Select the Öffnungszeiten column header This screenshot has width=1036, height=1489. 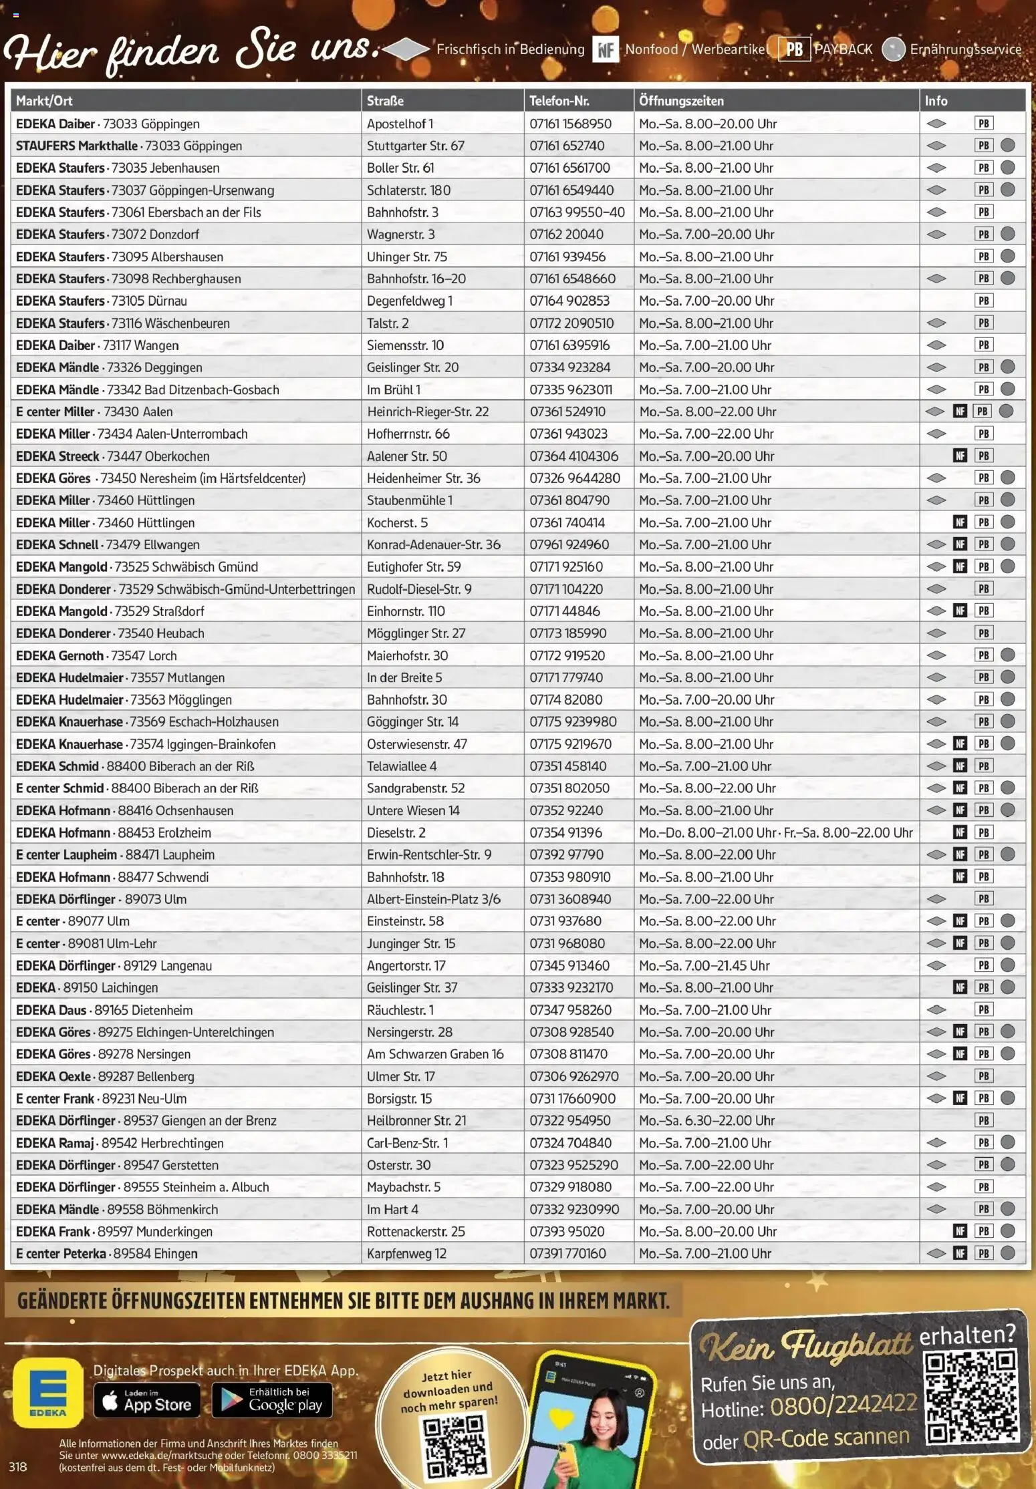click(681, 101)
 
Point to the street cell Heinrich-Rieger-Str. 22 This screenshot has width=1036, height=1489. click(428, 411)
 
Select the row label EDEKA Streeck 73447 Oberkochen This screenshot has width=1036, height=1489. click(112, 456)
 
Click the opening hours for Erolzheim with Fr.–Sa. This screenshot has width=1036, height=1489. click(775, 832)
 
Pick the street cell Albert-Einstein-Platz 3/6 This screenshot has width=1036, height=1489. click(433, 899)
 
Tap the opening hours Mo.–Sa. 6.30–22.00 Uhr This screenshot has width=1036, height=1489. click(706, 1120)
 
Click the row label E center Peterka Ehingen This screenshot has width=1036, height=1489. click(107, 1253)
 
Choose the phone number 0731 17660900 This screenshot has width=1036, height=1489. click(572, 1098)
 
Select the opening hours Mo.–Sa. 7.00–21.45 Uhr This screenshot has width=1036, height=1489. click(704, 965)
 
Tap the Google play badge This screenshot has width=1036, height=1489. click(271, 1399)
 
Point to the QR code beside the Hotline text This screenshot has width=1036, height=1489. click(971, 1397)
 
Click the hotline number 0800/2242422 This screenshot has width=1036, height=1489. click(843, 1406)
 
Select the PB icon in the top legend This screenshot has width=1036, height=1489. click(794, 49)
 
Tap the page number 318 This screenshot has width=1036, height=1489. click(18, 1466)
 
